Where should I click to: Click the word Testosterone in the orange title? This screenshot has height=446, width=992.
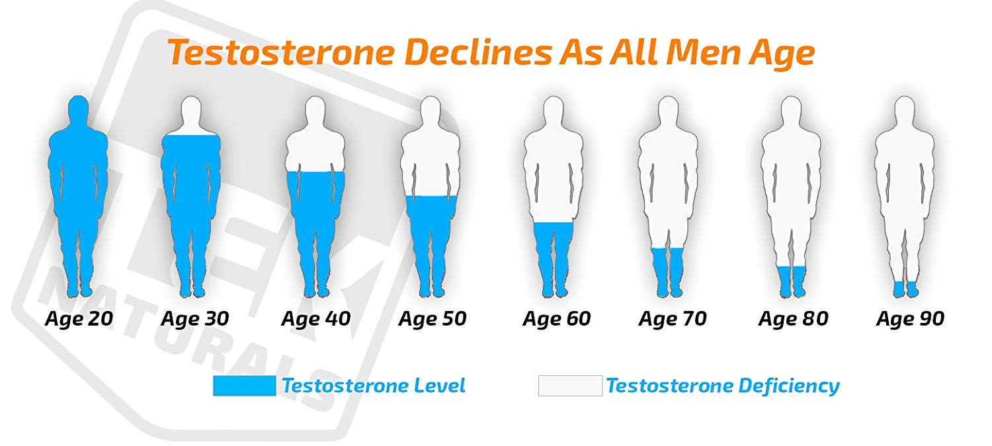click(281, 53)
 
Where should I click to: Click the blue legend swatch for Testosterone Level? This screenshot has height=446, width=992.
click(245, 386)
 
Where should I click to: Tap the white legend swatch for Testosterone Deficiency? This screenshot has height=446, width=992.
click(570, 386)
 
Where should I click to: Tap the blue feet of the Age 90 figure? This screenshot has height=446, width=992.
click(905, 289)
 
